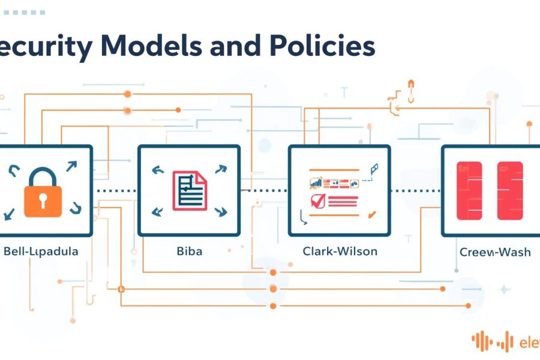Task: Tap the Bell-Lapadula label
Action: [40, 251]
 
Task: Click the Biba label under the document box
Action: [189, 251]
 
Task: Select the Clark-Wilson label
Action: [340, 251]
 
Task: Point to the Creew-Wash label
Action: [495, 253]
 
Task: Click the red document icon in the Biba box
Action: [189, 190]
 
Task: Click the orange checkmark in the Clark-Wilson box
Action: [372, 214]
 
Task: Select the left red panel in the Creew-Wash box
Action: [470, 190]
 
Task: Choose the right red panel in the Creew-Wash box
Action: [511, 190]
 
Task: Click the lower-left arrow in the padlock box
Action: [10, 215]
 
